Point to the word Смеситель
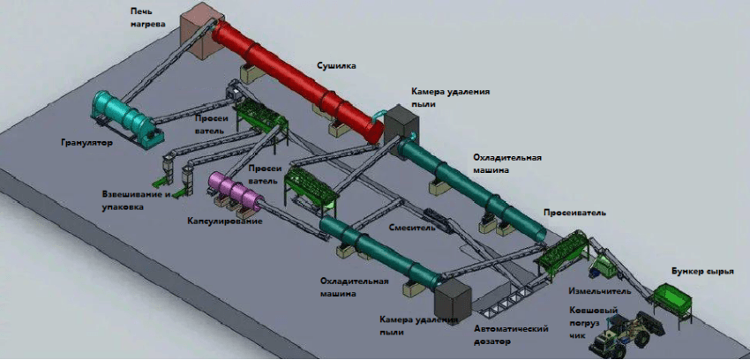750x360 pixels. pyautogui.click(x=412, y=227)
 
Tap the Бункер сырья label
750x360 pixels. pyautogui.click(x=701, y=272)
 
